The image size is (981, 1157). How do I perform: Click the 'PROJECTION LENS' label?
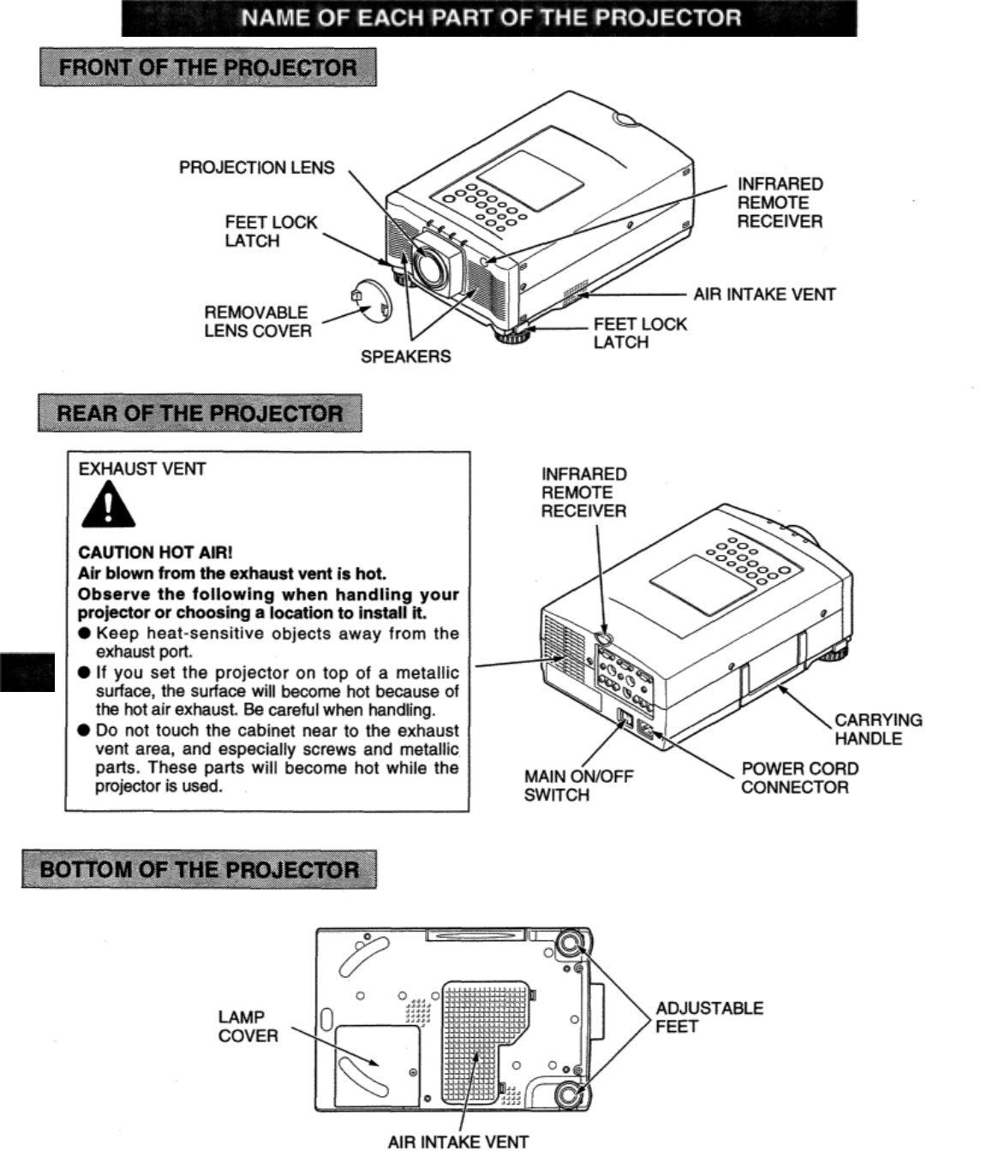(x=256, y=168)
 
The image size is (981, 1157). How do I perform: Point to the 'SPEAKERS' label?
(x=405, y=356)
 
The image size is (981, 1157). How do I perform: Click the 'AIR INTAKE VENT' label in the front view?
(x=764, y=295)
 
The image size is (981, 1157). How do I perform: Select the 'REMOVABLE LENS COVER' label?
(x=257, y=322)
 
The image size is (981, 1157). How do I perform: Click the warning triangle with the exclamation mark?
(x=107, y=507)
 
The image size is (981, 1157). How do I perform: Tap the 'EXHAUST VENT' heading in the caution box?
(x=141, y=469)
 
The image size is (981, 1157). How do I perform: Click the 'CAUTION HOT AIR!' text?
(x=155, y=553)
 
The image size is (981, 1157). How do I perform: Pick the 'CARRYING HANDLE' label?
(x=878, y=729)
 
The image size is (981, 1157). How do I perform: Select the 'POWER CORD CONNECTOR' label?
(x=799, y=778)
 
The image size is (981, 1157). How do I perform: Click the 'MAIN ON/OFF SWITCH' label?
(x=578, y=785)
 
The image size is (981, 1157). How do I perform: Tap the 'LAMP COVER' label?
(x=248, y=1026)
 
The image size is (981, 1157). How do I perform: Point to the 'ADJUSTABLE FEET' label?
(x=709, y=1017)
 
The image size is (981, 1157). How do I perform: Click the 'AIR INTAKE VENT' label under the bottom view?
(x=458, y=1142)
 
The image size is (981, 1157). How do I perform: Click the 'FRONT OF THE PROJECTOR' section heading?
(x=207, y=68)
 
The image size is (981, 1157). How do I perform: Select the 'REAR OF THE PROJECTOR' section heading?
(x=200, y=414)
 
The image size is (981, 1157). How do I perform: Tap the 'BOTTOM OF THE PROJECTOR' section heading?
(x=199, y=870)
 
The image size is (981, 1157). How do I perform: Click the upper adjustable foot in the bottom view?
(x=568, y=945)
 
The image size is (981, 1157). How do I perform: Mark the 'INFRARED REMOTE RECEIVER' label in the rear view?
(x=583, y=492)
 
